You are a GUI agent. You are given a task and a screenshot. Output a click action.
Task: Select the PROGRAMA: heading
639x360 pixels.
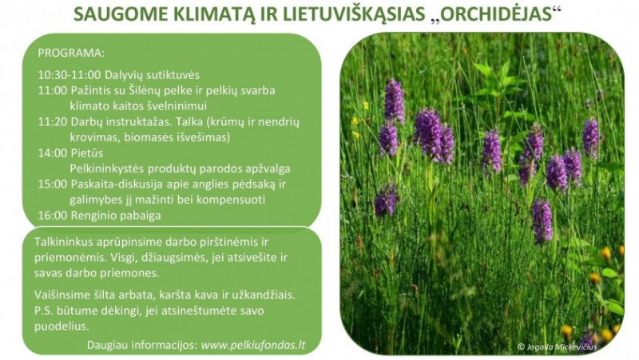71,53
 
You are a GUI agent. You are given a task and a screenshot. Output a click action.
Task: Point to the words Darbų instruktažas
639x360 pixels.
117,121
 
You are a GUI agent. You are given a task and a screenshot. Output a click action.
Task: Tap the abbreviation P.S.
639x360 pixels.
46,310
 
